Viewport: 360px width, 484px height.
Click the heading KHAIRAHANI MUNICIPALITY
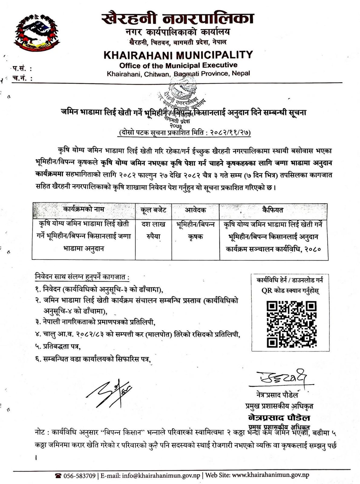point(178,55)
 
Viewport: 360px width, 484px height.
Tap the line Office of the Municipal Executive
point(178,65)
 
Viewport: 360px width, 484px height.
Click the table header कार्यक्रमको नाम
point(84,209)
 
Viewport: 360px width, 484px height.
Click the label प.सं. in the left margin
point(22,69)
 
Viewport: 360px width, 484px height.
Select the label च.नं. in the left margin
point(22,78)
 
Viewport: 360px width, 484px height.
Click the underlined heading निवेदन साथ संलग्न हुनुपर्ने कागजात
point(82,276)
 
